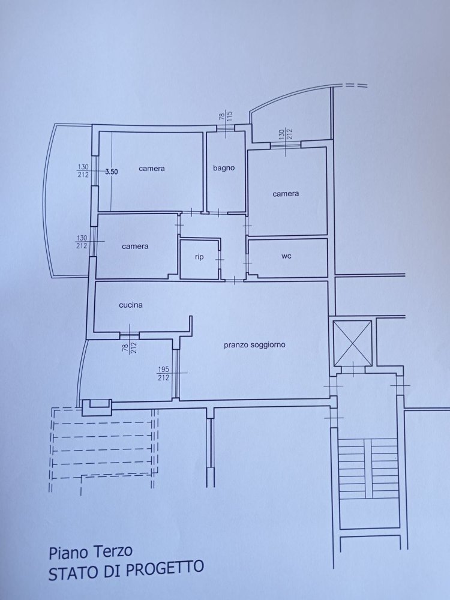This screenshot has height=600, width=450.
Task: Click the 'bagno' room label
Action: pos(224,168)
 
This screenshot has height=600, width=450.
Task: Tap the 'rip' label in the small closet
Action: pos(199,257)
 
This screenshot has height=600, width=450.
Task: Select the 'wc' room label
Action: pos(286,256)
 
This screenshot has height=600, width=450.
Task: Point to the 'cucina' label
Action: pos(130,305)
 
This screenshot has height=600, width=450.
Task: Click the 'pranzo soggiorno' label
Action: pos(254,344)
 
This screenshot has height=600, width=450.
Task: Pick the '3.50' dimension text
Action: pos(112,172)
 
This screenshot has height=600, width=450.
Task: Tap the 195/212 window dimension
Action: pos(164,373)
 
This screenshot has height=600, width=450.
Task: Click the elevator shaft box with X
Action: pos(353,342)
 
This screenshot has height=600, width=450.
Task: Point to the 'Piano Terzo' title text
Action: pos(91,551)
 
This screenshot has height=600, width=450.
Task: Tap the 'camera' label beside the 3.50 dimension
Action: pos(151,169)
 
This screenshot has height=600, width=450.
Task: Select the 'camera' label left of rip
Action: pos(135,246)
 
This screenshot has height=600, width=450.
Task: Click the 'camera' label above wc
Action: pos(286,194)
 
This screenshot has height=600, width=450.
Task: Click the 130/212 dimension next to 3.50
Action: pos(83,171)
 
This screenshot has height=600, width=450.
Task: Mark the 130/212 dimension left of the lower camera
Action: pos(83,241)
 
